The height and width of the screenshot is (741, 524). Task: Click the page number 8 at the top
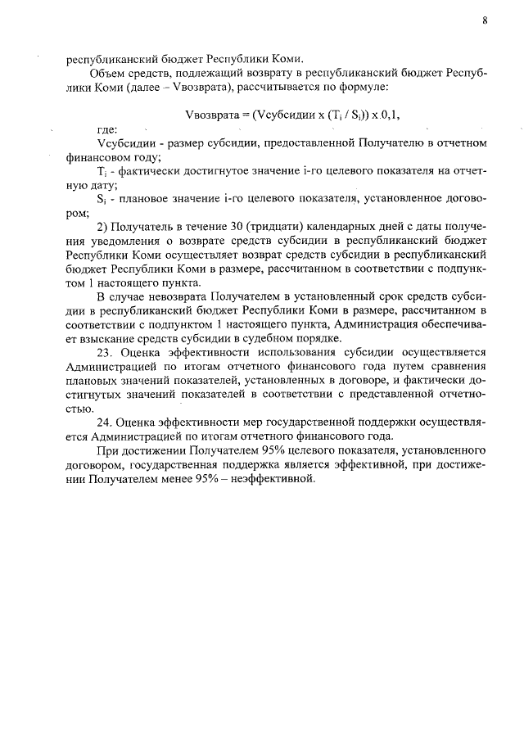coord(485,22)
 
